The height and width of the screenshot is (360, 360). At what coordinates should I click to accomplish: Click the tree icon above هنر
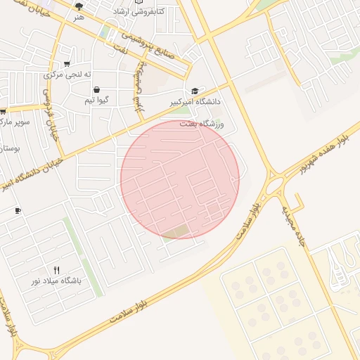point(79,6)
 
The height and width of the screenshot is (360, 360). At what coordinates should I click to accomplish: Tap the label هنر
point(79,16)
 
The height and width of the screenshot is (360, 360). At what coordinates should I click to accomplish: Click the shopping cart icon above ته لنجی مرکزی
point(67,63)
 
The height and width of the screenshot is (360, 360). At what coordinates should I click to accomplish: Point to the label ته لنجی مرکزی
point(63,74)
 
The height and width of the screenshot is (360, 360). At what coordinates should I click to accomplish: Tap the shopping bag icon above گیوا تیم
point(96,89)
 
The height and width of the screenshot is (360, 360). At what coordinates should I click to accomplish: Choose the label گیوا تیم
point(96,101)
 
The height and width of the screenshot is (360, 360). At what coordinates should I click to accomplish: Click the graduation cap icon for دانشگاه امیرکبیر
point(195,91)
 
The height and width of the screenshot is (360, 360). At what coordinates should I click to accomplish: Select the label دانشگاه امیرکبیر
point(195,102)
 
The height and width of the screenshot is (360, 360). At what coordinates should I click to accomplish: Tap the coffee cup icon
point(18,210)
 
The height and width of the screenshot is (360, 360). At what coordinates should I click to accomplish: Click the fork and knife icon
point(56,269)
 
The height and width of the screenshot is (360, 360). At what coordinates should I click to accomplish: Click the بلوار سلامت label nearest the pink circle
point(247,219)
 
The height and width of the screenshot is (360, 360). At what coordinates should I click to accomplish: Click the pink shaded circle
point(180,179)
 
